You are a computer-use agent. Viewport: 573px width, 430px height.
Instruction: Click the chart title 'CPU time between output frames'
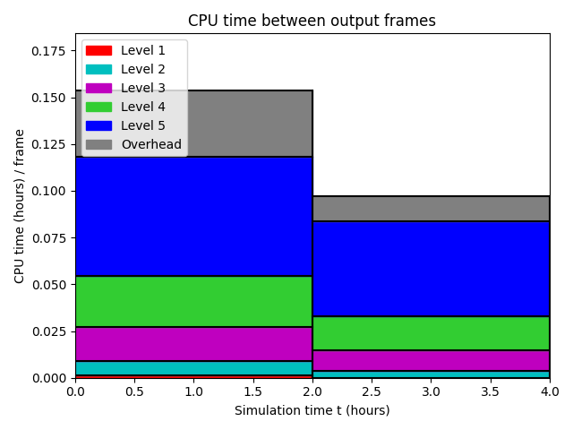[x=312, y=21]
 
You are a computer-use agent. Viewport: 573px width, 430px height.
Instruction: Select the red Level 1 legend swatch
[x=98, y=50]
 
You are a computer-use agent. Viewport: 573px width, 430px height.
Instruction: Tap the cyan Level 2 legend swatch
[x=98, y=69]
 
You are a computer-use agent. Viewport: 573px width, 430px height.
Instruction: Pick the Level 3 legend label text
[x=143, y=88]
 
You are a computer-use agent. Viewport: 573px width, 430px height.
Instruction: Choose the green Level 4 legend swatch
[x=98, y=107]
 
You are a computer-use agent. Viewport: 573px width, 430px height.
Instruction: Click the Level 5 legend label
[x=143, y=125]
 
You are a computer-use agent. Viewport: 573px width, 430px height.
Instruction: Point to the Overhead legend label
[x=151, y=144]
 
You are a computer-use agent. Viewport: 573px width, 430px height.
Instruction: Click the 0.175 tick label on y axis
[x=48, y=51]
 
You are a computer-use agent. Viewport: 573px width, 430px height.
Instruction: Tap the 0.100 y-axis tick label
[x=48, y=191]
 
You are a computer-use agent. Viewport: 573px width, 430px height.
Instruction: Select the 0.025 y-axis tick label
[x=48, y=331]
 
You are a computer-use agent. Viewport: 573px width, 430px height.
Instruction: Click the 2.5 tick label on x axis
[x=372, y=391]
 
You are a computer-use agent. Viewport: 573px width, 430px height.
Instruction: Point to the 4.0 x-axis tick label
[x=550, y=391]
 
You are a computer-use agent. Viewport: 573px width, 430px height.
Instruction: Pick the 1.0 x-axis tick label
[x=193, y=391]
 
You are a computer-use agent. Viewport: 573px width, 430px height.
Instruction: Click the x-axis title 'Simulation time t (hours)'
[x=312, y=410]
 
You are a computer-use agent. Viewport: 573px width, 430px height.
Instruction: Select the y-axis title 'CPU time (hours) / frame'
[x=19, y=206]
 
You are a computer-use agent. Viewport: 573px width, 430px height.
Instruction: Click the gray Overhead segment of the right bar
[x=432, y=209]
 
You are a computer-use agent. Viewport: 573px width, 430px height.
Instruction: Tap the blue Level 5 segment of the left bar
[x=193, y=216]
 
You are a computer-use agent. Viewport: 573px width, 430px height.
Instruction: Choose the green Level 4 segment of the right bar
[x=432, y=333]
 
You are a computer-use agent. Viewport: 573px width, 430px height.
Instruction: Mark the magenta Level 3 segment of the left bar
[x=193, y=344]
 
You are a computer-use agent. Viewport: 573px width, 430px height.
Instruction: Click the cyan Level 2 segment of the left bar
[x=193, y=368]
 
